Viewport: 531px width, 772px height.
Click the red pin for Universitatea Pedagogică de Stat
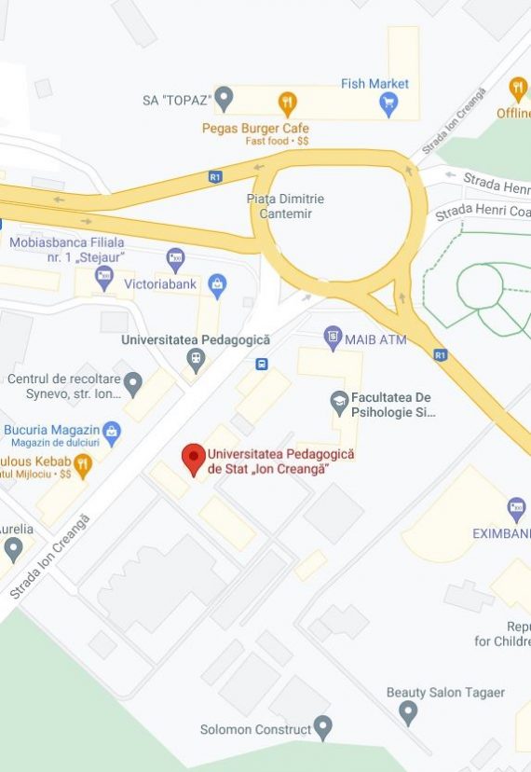pyautogui.click(x=193, y=458)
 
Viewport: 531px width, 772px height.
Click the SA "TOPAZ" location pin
pyautogui.click(x=224, y=97)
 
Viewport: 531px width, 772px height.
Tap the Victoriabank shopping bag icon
pyautogui.click(x=217, y=283)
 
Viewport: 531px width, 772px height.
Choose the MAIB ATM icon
pyautogui.click(x=333, y=336)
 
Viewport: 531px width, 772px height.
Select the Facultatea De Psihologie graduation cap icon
pyautogui.click(x=340, y=403)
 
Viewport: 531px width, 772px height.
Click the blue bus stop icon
pyautogui.click(x=262, y=364)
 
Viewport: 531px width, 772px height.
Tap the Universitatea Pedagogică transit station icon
pyautogui.click(x=195, y=358)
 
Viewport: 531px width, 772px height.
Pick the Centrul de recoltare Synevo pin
pyautogui.click(x=133, y=382)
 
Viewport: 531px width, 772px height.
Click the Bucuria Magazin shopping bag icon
pyautogui.click(x=112, y=431)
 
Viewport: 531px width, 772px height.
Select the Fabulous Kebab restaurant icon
pyautogui.click(x=83, y=463)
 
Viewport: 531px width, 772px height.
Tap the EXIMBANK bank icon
pyautogui.click(x=516, y=509)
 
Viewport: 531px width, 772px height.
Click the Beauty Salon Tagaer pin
pyautogui.click(x=408, y=713)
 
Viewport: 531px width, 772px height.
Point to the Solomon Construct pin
pyautogui.click(x=322, y=726)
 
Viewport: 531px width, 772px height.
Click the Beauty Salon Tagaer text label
pyautogui.click(x=445, y=693)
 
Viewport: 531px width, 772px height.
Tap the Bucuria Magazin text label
pyautogui.click(x=51, y=430)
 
